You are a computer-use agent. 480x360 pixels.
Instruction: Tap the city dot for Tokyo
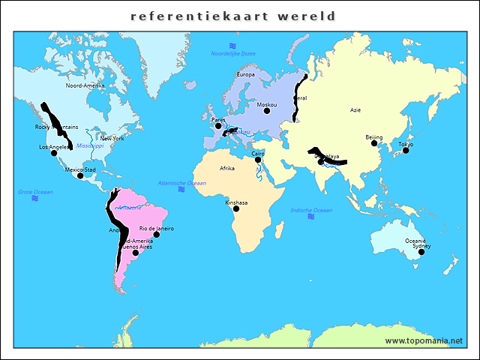tap(406, 151)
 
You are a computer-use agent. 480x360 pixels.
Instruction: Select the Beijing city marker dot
tap(374, 143)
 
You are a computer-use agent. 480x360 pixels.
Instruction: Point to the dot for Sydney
tap(421, 252)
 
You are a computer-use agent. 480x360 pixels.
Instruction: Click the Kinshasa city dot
tap(236, 208)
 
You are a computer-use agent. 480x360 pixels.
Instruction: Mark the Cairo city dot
tap(258, 159)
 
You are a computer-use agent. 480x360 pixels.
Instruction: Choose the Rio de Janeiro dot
tap(156, 235)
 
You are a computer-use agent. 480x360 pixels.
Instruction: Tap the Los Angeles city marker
tap(54, 153)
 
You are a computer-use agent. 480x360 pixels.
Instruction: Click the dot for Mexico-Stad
tap(80, 175)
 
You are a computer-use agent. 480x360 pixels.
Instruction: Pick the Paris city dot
tap(218, 125)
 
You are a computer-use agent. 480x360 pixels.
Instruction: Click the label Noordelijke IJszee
tap(233, 54)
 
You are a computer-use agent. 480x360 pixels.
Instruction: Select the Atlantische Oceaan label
tap(181, 183)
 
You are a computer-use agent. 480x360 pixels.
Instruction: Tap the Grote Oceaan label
tap(35, 192)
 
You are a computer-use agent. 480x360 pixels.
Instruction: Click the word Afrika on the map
tap(226, 169)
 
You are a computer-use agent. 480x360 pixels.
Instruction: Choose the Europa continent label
tap(246, 75)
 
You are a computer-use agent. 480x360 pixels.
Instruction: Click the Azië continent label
tap(355, 109)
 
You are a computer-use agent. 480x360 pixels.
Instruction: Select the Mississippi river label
tap(90, 145)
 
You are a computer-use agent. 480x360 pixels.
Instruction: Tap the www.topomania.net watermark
tap(424, 340)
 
